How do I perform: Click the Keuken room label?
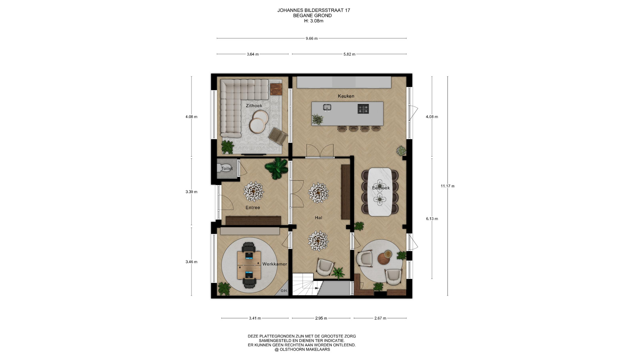(346, 96)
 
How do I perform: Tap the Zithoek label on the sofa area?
(254, 106)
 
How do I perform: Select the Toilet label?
(227, 169)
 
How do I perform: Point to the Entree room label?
(253, 207)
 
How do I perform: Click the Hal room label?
(318, 218)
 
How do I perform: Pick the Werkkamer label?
(275, 264)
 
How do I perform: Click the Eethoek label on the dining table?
(381, 188)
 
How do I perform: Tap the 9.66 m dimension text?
(312, 38)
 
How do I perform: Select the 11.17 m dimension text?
(448, 186)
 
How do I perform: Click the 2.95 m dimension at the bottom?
(321, 318)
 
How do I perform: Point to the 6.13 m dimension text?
(432, 219)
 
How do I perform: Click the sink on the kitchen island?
(327, 107)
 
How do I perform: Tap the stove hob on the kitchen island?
(363, 109)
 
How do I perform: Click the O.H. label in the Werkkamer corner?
(284, 291)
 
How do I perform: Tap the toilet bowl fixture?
(225, 168)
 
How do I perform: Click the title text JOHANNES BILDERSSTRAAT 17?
(314, 10)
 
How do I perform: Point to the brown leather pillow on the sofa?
(276, 89)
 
